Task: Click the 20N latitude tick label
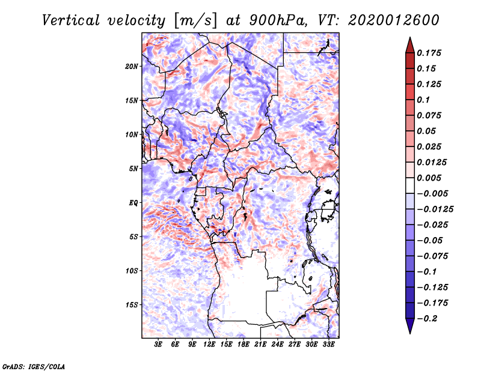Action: pyautogui.click(x=132, y=66)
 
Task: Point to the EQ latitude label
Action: pyautogui.click(x=133, y=203)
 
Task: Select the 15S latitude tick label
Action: pyautogui.click(x=132, y=305)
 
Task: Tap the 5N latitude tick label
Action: pyautogui.click(x=133, y=169)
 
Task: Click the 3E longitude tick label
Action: pyautogui.click(x=159, y=345)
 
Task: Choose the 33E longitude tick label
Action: pyautogui.click(x=328, y=345)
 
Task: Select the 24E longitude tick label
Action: pyautogui.click(x=277, y=345)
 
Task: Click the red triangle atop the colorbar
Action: pyautogui.click(x=409, y=44)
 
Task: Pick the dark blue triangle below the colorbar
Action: pyautogui.click(x=409, y=325)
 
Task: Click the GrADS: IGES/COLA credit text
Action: pyautogui.click(x=33, y=366)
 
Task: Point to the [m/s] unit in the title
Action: pyautogui.click(x=194, y=20)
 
